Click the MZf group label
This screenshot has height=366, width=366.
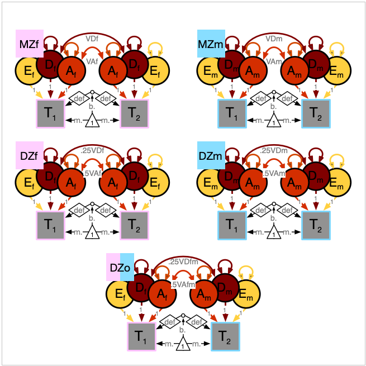click(29, 44)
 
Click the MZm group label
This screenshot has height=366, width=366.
click(211, 44)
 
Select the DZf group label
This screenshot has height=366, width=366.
click(29, 155)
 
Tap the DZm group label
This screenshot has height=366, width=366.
click(211, 155)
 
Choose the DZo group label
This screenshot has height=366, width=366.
click(120, 267)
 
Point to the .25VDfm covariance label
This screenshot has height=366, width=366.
click(182, 262)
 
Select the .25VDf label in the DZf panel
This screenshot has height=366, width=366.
click(93, 150)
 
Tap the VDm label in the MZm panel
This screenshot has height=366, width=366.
click(274, 39)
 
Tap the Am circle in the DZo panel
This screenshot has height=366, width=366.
click(203, 293)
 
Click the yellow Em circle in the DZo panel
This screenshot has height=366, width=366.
click(246, 293)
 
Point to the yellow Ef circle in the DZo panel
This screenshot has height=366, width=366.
click(120, 293)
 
